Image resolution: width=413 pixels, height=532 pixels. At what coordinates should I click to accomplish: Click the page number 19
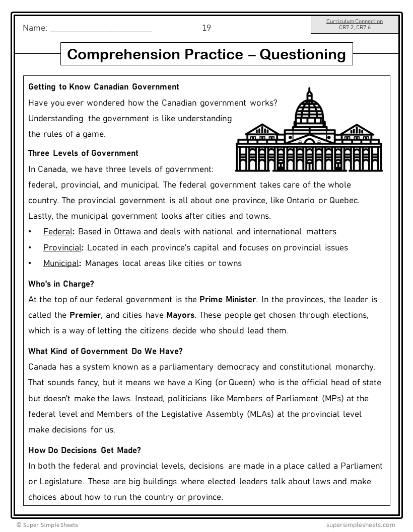(x=206, y=28)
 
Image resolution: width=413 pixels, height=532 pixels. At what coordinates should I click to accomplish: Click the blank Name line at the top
(x=101, y=29)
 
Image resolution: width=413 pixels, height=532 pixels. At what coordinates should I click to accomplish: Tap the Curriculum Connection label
(x=354, y=21)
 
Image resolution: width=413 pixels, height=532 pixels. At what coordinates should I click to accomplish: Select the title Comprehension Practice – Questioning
(x=206, y=54)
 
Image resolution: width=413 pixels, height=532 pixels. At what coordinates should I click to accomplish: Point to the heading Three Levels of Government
(x=83, y=153)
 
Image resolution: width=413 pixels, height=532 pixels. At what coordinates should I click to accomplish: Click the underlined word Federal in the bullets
(x=57, y=232)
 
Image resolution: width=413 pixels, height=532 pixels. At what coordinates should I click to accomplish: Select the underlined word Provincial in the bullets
(x=62, y=247)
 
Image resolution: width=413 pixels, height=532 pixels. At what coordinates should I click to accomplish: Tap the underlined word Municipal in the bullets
(x=61, y=263)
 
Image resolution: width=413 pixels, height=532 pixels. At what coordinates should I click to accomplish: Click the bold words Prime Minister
(x=228, y=300)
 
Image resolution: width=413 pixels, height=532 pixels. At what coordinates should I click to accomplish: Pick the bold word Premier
(x=85, y=315)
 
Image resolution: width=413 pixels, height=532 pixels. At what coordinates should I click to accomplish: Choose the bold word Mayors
(x=180, y=315)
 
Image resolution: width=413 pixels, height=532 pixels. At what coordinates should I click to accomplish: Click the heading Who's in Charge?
(x=61, y=284)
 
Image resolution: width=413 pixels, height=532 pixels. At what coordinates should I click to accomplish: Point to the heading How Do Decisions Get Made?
(x=85, y=450)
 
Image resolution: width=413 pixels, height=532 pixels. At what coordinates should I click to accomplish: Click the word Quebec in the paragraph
(x=344, y=201)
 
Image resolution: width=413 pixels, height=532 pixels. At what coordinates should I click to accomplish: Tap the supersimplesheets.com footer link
(x=361, y=525)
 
